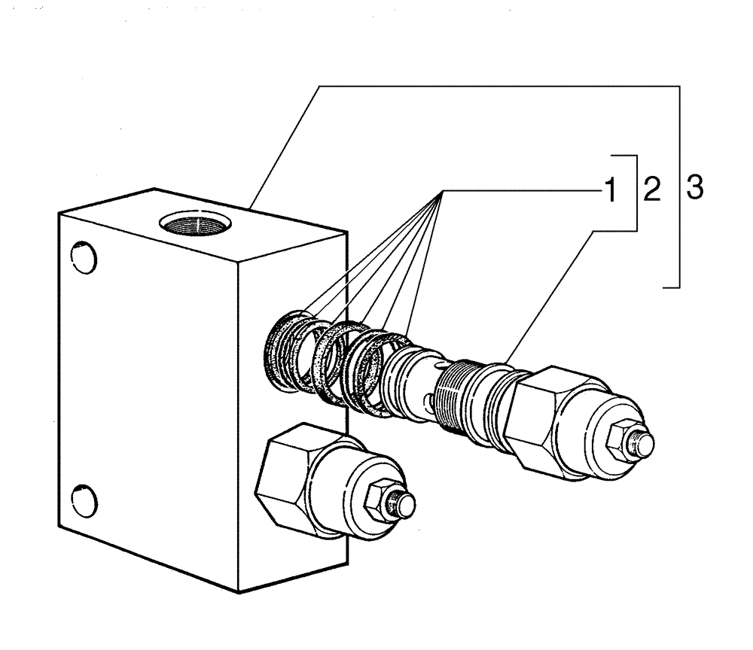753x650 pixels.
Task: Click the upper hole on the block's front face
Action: tap(85, 257)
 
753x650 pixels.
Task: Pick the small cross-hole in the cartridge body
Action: tap(428, 399)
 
